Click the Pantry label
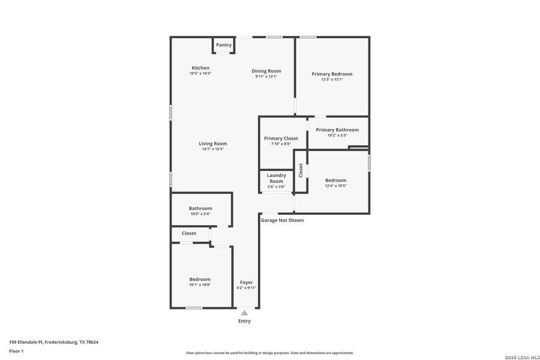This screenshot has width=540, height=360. [x=224, y=45]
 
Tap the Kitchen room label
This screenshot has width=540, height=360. [x=200, y=68]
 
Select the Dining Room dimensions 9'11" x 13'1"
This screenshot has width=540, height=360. [x=266, y=77]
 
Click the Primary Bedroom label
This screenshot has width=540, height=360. [x=332, y=74]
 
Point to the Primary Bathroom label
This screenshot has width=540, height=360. [x=337, y=130]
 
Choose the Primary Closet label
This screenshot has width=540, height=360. [x=281, y=138]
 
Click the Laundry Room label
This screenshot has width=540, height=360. [x=276, y=178]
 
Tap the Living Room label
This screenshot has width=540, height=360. [x=213, y=143]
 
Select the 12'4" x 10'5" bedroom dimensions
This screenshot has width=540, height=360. [x=335, y=186]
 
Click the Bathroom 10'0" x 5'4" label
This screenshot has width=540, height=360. [x=200, y=208]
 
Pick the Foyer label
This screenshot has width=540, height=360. [x=246, y=282]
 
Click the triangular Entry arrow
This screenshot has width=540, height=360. [x=244, y=313]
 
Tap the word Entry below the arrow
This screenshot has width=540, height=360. [x=244, y=321]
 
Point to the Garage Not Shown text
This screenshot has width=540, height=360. [x=282, y=220]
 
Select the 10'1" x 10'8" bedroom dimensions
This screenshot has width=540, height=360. [x=200, y=285]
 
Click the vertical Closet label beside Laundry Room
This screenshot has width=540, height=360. [x=301, y=170]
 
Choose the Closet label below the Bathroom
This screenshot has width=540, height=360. [x=189, y=233]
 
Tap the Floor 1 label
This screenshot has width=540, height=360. [x=16, y=351]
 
